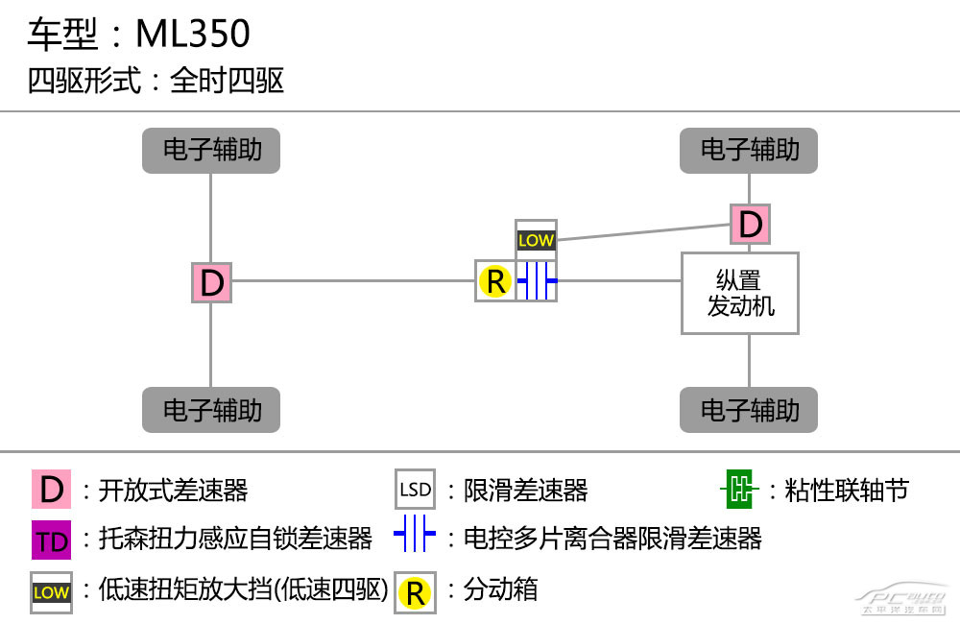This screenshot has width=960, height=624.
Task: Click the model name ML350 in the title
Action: click(x=193, y=33)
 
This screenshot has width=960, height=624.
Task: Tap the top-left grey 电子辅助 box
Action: click(x=211, y=151)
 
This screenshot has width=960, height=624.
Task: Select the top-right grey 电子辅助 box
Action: click(x=749, y=151)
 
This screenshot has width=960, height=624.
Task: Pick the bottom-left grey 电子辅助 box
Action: click(x=211, y=410)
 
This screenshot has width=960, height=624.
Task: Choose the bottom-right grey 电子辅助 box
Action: click(x=749, y=410)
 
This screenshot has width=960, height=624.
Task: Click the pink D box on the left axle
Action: click(x=212, y=283)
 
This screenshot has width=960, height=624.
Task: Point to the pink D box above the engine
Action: click(x=751, y=224)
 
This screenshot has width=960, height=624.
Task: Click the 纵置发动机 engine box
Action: click(x=740, y=294)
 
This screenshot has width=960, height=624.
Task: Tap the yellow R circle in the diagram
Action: click(x=495, y=281)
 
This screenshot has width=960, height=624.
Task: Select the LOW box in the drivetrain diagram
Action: click(x=536, y=240)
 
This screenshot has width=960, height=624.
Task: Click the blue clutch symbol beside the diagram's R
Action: click(x=537, y=280)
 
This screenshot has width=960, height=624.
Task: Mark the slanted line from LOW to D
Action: click(x=644, y=232)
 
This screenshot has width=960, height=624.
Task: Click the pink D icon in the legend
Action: click(x=52, y=490)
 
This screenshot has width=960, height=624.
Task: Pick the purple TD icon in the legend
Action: click(x=52, y=540)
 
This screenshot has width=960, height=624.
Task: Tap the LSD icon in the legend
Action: click(x=415, y=490)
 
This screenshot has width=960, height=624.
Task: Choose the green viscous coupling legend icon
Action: click(x=739, y=490)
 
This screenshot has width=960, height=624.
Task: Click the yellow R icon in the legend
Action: click(x=415, y=592)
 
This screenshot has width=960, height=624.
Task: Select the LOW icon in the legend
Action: click(x=52, y=592)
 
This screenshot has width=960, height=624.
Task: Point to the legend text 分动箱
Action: click(x=500, y=589)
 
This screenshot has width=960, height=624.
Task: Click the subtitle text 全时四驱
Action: click(x=227, y=81)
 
